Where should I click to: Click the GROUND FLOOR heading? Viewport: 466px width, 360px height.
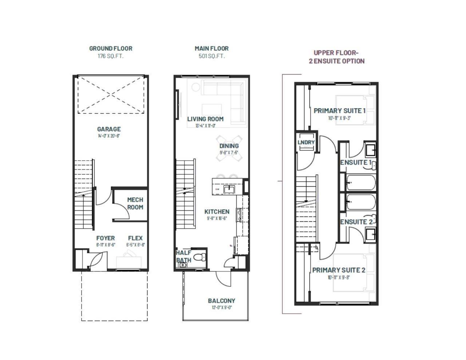pos(111,48)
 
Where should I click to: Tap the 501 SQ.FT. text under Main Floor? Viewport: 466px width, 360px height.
pos(212,56)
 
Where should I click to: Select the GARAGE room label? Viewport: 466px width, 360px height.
pos(109,129)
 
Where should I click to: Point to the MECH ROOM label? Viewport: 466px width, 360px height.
pos(135,203)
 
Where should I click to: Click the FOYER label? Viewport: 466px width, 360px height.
pos(106,238)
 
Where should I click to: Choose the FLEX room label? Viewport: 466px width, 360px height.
pos(135,238)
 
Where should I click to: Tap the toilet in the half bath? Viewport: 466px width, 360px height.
pos(199,258)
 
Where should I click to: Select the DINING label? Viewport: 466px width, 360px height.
pos(229,146)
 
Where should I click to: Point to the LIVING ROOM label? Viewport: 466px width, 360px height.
pos(205,119)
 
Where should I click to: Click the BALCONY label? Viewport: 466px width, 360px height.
pos(221,301)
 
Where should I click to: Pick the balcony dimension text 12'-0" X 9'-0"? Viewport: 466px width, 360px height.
pos(221,308)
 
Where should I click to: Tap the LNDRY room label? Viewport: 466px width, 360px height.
pos(306,142)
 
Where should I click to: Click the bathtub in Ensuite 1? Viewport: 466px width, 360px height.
pos(361,183)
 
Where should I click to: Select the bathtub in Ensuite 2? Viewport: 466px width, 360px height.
pos(361,202)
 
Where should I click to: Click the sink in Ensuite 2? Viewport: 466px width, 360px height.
pos(371,234)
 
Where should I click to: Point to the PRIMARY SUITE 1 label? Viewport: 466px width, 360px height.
pos(339,111)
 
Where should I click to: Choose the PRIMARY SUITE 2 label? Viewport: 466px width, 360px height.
pos(339,270)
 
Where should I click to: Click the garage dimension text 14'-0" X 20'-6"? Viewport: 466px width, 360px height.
pos(109,136)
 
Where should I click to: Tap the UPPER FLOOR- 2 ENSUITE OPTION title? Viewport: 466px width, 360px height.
pos(336,57)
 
